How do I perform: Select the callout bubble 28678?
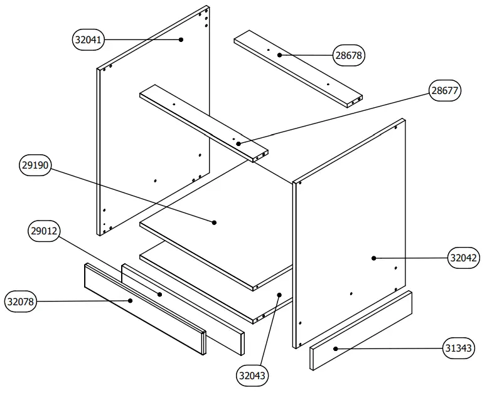tap(349, 56)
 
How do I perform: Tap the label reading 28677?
tap(445, 91)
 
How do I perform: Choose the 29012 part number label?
tap(44, 231)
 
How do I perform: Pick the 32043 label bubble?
tap(252, 376)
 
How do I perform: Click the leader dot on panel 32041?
tap(181, 39)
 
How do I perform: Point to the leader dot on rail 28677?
tap(238, 144)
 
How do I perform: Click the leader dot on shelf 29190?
tap(214, 222)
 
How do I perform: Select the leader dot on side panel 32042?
tap(373, 258)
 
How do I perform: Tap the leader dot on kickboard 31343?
tap(336, 348)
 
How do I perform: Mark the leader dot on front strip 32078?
tap(130, 301)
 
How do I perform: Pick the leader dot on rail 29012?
tap(159, 293)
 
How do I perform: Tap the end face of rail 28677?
tap(261, 155)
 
